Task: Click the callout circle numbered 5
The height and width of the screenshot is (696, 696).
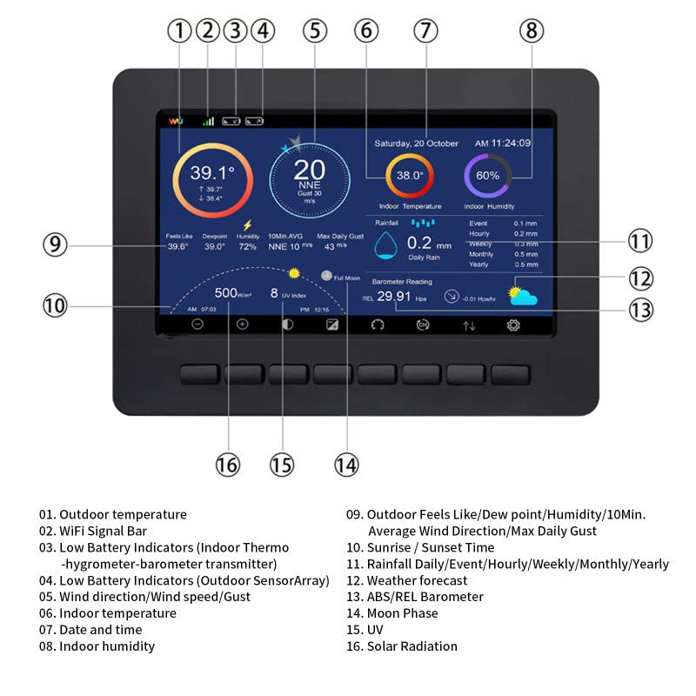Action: [x=315, y=30]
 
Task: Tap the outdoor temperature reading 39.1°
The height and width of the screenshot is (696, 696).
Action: [x=212, y=172]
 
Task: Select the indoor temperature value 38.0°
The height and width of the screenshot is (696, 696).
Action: [x=410, y=175]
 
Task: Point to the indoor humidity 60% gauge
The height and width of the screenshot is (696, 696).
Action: [x=487, y=175]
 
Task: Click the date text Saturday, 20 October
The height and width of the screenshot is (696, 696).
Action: [x=416, y=144]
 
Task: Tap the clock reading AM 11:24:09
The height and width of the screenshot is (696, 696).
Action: [x=502, y=144]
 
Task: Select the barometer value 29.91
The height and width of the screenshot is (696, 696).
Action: [x=394, y=297]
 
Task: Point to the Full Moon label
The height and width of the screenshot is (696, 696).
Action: [x=345, y=278]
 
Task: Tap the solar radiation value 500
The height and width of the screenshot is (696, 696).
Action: [x=226, y=293]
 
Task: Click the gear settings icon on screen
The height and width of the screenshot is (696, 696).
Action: [x=513, y=325]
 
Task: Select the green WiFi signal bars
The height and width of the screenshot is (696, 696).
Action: [x=208, y=121]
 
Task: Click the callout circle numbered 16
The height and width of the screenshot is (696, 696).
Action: [x=227, y=465]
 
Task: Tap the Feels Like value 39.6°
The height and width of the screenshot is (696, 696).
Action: [x=177, y=246]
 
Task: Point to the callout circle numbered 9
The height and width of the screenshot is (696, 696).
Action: [x=55, y=244]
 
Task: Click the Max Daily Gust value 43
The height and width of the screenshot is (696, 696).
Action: [x=330, y=246]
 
